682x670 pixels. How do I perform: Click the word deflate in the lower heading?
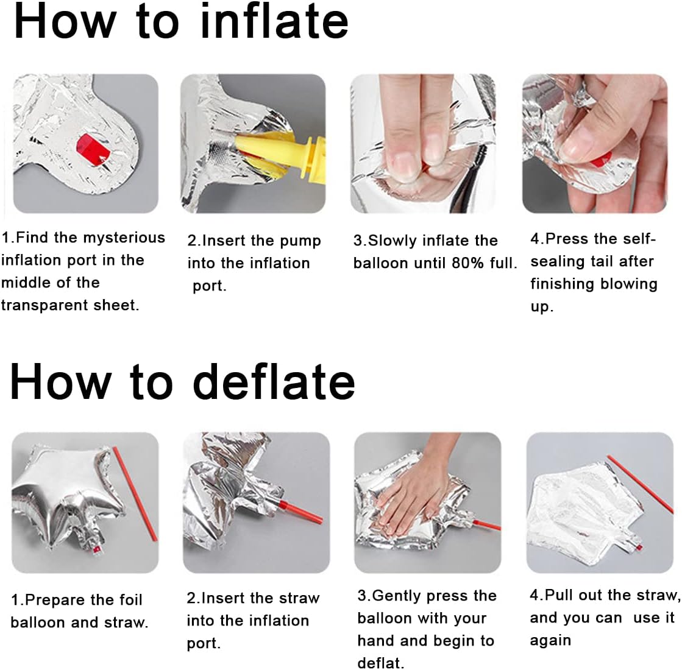[274, 381]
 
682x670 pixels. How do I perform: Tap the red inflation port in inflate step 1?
[93, 149]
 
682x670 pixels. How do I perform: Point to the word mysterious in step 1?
[124, 238]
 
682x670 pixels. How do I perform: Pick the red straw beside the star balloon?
[135, 493]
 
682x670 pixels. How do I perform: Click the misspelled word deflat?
[380, 663]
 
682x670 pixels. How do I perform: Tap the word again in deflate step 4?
[550, 641]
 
